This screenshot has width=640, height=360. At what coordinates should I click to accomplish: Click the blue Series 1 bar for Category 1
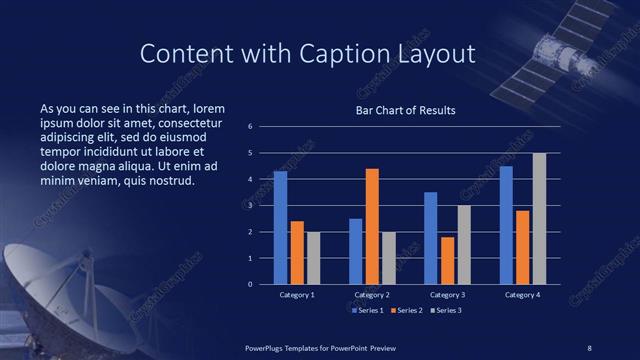tap(280, 228)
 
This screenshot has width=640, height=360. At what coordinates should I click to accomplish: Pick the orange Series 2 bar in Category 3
tap(446, 260)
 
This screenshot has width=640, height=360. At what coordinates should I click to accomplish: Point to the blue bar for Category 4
tap(506, 225)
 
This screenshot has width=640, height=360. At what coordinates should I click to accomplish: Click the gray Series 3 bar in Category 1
tap(313, 258)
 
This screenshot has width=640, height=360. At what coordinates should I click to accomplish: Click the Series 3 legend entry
tap(455, 311)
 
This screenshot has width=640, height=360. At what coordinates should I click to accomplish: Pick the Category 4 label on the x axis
tap(522, 296)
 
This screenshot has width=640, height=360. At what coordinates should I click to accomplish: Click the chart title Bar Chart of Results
tap(405, 111)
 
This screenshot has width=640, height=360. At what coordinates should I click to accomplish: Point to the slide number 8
tap(589, 347)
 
